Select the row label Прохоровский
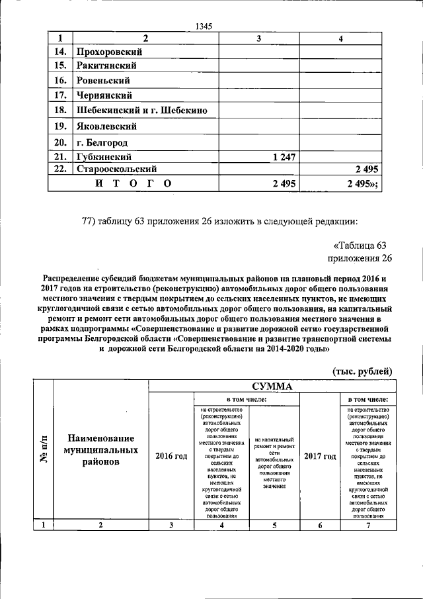pos(109,52)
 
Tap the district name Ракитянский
pos(106,66)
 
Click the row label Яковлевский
pos(106,126)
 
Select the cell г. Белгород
pos(101,142)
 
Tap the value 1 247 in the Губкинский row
pos(283,157)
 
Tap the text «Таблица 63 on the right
pos(363,246)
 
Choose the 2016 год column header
pos(171,456)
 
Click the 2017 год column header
pos(320,456)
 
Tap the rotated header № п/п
pos(44,449)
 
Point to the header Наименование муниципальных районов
pos(100,450)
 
